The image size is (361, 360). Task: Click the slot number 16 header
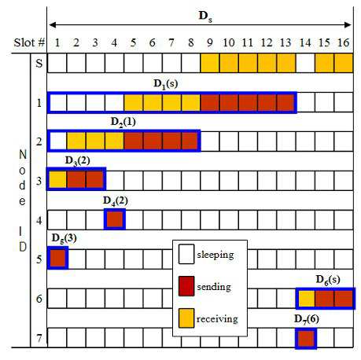(x=343, y=42)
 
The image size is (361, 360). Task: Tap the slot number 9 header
(x=209, y=42)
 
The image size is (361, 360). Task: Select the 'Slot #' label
(x=29, y=42)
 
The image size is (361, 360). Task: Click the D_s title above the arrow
(x=205, y=17)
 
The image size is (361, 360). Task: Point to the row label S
(x=39, y=63)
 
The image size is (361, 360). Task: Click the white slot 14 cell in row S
(x=305, y=63)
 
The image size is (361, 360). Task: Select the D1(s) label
(x=165, y=84)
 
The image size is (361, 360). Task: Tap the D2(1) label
(x=123, y=122)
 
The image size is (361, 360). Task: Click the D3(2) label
(x=77, y=160)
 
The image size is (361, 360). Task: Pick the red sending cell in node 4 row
(x=115, y=219)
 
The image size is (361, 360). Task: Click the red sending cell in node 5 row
(x=57, y=258)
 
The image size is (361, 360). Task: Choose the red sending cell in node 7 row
(x=306, y=339)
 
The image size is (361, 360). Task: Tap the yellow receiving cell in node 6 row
(x=306, y=299)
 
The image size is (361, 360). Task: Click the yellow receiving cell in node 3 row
(x=57, y=180)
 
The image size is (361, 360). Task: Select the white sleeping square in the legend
(x=186, y=254)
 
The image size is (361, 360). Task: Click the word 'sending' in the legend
(x=214, y=287)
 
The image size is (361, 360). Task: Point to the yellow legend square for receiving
(x=186, y=318)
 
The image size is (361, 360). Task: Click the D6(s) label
(x=328, y=280)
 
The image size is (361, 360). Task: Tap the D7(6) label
(x=307, y=319)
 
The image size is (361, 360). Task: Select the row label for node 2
(x=39, y=141)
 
